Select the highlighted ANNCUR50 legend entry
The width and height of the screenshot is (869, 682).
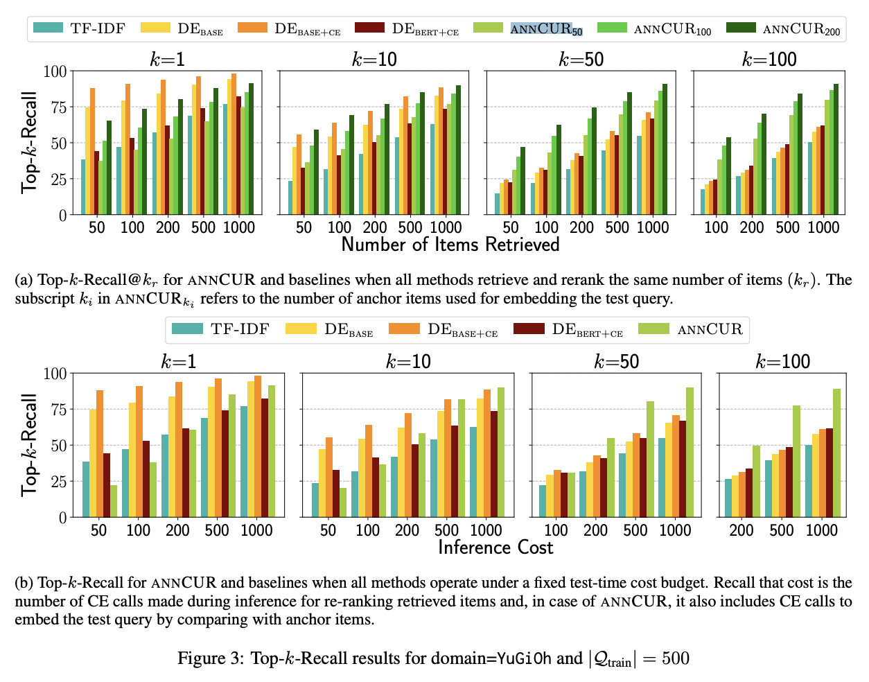click(x=546, y=29)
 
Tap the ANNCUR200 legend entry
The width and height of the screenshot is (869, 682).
click(x=800, y=29)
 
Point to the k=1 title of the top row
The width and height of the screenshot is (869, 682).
click(x=168, y=60)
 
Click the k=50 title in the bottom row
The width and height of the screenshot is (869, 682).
click(x=615, y=361)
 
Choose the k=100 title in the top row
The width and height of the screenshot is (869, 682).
click(x=769, y=60)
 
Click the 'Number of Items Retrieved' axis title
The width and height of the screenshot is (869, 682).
click(x=450, y=245)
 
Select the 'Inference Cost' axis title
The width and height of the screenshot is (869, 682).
click(x=495, y=548)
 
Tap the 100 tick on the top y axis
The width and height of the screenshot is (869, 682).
click(x=55, y=71)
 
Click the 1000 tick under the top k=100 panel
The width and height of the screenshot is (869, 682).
click(x=823, y=227)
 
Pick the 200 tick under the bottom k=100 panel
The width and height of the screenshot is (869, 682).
click(x=741, y=530)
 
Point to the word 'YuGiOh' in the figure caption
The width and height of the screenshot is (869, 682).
click(x=524, y=658)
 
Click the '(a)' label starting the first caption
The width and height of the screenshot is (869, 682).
click(x=24, y=280)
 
